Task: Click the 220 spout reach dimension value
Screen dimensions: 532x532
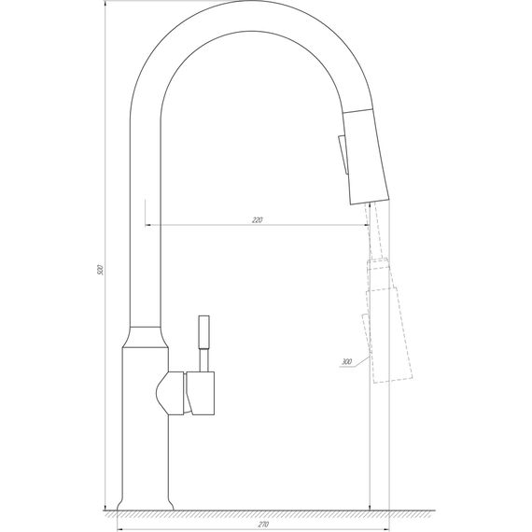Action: point(258,220)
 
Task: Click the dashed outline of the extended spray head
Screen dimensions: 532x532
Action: point(385,327)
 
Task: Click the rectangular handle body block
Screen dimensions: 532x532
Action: point(202,392)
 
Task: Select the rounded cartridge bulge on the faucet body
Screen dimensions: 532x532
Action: point(169,392)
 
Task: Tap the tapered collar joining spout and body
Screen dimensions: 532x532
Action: point(147,336)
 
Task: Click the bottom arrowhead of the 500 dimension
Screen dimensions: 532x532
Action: point(105,509)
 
